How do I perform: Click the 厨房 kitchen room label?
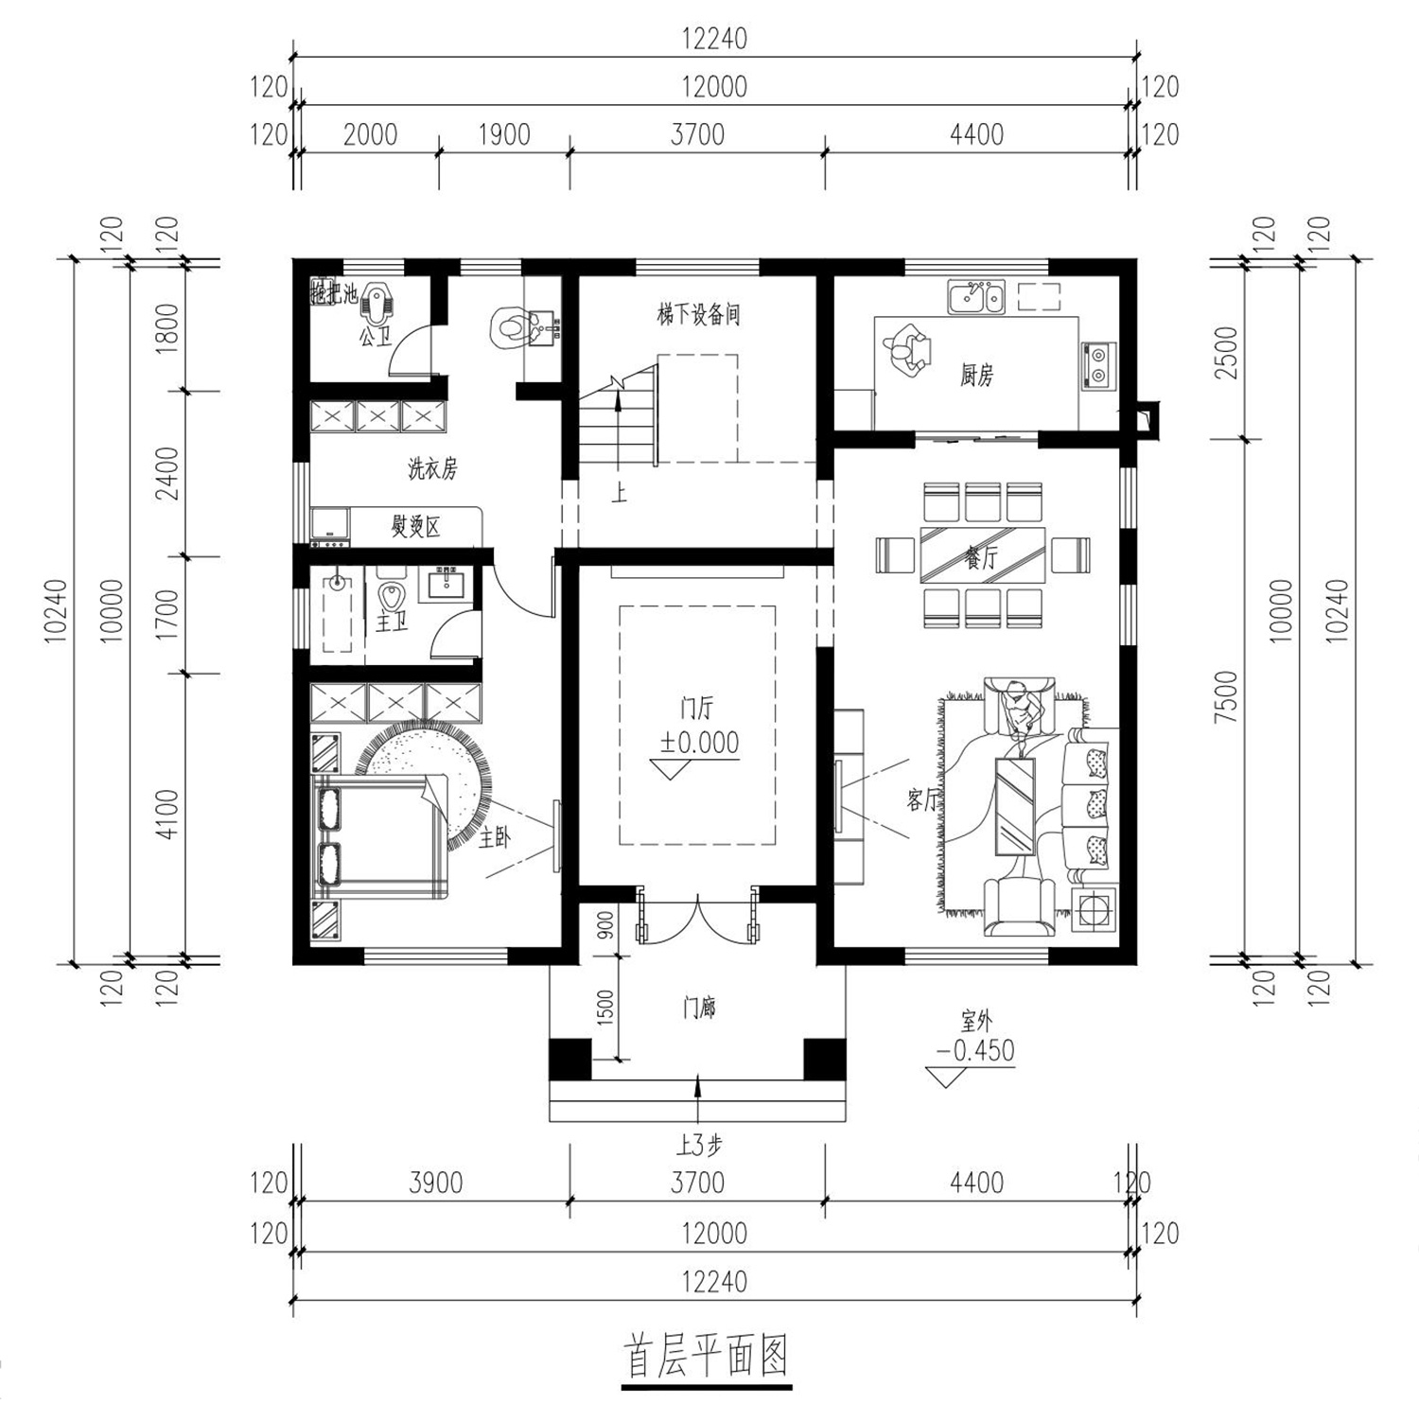pyautogui.click(x=976, y=377)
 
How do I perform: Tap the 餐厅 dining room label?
pyautogui.click(x=980, y=559)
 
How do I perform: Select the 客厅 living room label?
pyautogui.click(x=924, y=800)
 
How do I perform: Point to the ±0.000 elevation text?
pyautogui.click(x=699, y=743)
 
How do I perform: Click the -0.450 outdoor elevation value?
pyautogui.click(x=974, y=1050)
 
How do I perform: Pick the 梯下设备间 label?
pyautogui.click(x=699, y=315)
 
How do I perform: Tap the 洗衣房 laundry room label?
pyautogui.click(x=432, y=468)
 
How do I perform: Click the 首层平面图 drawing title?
pyautogui.click(x=706, y=1357)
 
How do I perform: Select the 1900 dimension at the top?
pyautogui.click(x=504, y=135)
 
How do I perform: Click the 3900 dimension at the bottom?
pyautogui.click(x=436, y=1183)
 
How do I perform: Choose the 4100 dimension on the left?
pyautogui.click(x=166, y=816)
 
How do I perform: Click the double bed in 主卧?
pyautogui.click(x=379, y=834)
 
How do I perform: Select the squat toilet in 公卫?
pyautogui.click(x=377, y=301)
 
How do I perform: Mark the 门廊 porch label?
pyautogui.click(x=699, y=1009)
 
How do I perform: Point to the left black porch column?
pyautogui.click(x=570, y=1060)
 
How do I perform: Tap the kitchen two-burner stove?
pyautogui.click(x=1098, y=365)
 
